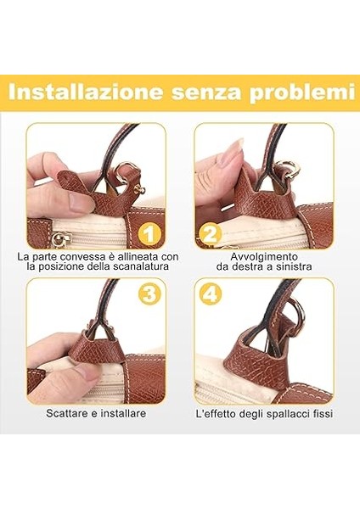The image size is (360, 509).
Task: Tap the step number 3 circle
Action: (149, 294)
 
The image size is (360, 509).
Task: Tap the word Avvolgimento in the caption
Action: (264, 255)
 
